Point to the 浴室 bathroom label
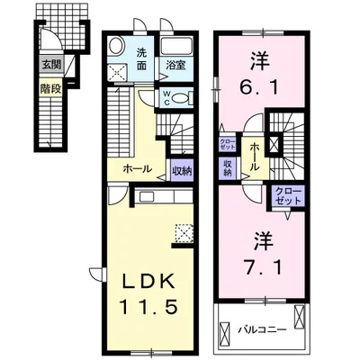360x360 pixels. [x=173, y=65]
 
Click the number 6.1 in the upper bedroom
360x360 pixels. [x=261, y=85]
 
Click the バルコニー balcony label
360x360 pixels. [x=261, y=329]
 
